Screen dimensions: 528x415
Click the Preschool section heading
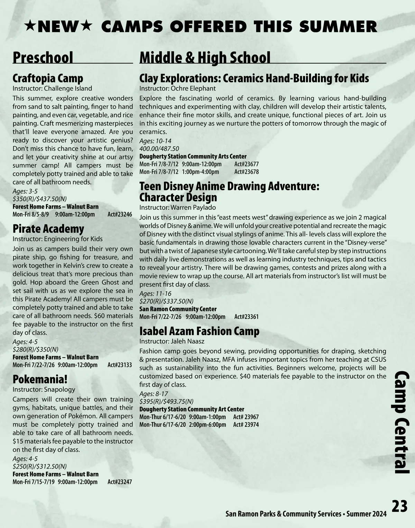(x=43, y=58)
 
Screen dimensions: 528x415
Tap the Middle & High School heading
(x=205, y=58)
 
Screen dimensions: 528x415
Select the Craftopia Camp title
(x=48, y=78)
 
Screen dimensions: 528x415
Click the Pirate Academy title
(x=48, y=229)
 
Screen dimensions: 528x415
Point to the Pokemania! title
(x=40, y=379)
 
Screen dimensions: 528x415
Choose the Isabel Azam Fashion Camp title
(x=199, y=331)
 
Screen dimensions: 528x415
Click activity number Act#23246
(x=120, y=214)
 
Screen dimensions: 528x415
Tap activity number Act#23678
(x=246, y=172)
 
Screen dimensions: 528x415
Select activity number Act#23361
(x=246, y=317)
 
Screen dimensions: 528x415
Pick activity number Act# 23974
(x=246, y=425)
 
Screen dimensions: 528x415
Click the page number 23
(x=399, y=507)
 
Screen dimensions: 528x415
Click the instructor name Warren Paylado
(x=193, y=207)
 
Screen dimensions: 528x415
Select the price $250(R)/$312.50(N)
(x=39, y=466)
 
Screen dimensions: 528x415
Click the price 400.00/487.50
(x=159, y=149)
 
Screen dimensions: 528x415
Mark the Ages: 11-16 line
(x=155, y=294)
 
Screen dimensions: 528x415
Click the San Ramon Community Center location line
(x=178, y=309)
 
